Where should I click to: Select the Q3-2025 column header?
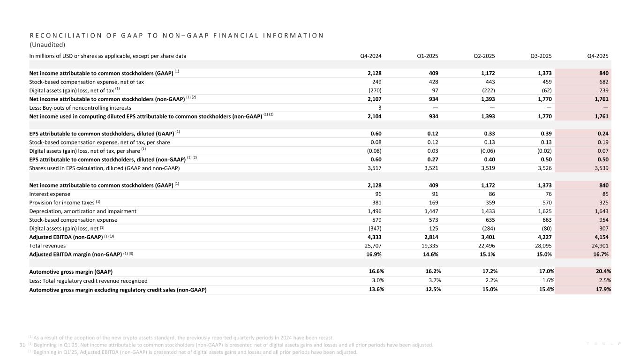tap(541, 56)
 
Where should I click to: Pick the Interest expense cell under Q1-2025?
tap(433, 194)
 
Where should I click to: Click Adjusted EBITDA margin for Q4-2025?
tap(601, 254)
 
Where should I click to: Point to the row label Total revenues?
tap(47, 246)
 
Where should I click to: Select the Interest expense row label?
tap(50, 194)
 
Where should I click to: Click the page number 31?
tap(21, 345)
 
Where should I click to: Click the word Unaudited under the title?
tap(47, 45)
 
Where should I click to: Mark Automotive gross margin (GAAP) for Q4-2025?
tap(601, 271)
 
